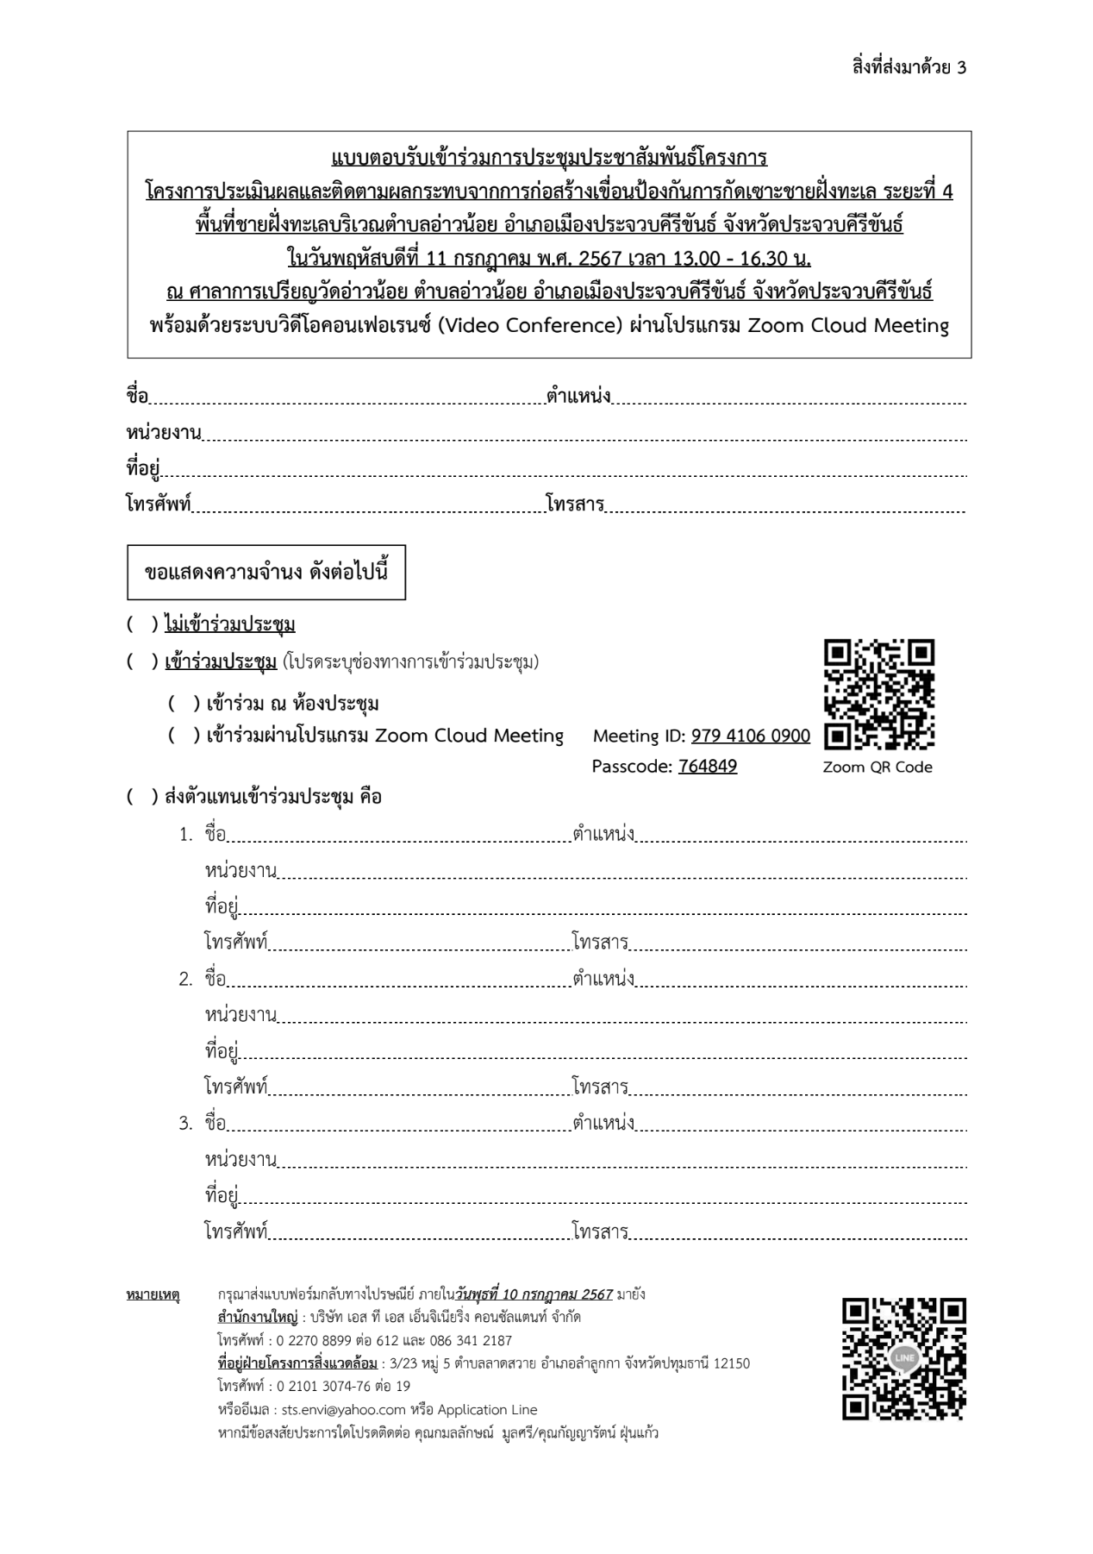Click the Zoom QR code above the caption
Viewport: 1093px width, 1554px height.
point(879,693)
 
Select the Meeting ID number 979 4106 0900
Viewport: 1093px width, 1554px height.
point(750,736)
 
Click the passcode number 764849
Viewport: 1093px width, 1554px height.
point(708,767)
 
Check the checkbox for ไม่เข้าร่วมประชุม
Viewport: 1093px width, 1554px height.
point(142,624)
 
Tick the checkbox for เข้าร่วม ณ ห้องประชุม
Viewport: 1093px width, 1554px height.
point(184,705)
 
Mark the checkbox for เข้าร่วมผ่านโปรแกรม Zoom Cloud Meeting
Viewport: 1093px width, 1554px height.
point(184,736)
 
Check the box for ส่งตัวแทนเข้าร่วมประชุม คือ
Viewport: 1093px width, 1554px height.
point(142,797)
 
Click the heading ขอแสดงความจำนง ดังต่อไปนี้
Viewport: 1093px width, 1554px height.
point(266,573)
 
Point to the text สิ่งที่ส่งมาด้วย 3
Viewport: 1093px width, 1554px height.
point(909,67)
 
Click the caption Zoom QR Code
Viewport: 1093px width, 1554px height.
point(878,768)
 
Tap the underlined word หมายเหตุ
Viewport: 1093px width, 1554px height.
point(153,1295)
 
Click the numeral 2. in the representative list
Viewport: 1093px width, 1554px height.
point(186,980)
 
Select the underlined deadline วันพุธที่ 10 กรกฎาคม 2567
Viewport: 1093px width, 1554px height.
point(534,1294)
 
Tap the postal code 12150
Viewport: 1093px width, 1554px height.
point(732,1363)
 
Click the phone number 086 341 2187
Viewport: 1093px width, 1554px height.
point(466,1341)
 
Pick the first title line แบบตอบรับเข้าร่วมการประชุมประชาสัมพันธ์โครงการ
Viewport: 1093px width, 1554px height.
point(549,159)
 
